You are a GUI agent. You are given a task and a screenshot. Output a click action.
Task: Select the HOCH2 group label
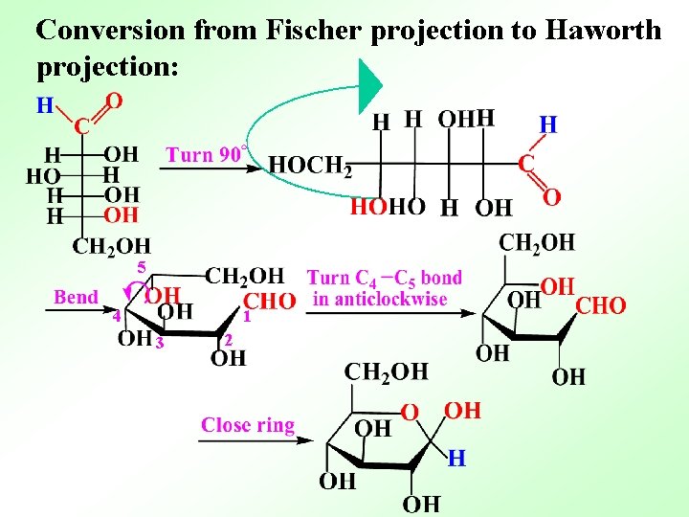(310, 166)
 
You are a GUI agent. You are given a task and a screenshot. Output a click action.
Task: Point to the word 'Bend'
(76, 297)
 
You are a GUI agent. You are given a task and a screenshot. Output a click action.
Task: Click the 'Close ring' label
(248, 424)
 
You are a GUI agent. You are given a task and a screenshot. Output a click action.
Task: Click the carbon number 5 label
(141, 267)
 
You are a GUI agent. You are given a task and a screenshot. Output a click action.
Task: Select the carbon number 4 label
(115, 315)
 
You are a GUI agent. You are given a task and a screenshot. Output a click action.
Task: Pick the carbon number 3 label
(161, 342)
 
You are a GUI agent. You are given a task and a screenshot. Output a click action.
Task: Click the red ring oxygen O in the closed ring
(410, 413)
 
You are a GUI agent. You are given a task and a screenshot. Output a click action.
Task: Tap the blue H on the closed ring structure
(457, 460)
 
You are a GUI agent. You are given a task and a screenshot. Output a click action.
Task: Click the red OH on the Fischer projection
(121, 214)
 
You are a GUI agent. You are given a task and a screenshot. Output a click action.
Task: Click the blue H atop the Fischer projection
(44, 105)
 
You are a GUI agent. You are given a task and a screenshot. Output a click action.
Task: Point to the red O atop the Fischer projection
(113, 100)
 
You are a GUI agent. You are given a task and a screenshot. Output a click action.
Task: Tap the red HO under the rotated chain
(369, 207)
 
